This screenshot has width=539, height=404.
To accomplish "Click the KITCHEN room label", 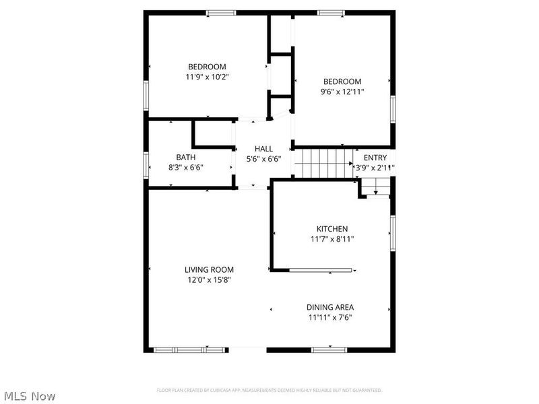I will (332, 229).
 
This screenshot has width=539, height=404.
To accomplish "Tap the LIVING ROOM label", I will (209, 269).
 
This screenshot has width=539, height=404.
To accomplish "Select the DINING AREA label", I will (331, 307).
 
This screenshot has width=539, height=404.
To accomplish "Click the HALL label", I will (263, 149).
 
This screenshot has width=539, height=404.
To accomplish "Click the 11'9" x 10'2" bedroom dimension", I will (207, 77).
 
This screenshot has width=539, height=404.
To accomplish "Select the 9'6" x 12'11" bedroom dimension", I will (342, 92).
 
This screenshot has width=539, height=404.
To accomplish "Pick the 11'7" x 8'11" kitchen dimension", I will (332, 239).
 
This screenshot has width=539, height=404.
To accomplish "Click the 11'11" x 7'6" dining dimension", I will (331, 317).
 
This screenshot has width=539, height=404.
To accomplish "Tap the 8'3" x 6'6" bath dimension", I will (185, 168).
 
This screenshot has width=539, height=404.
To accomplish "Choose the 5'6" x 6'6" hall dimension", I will (263, 159).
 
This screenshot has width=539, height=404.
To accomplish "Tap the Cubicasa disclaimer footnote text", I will (269, 390).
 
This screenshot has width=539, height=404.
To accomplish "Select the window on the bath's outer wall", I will (146, 164).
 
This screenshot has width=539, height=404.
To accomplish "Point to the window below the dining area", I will (329, 350).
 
